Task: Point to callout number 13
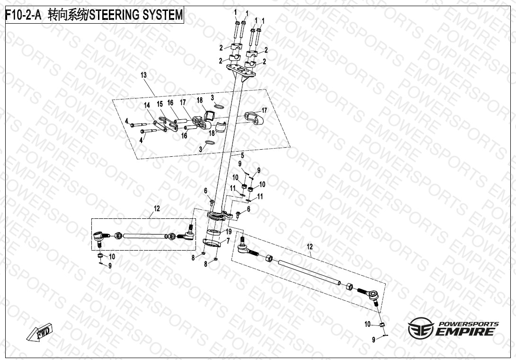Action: click(x=143, y=75)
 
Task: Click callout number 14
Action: click(x=147, y=105)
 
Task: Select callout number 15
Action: click(x=160, y=104)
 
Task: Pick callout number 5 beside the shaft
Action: click(x=242, y=155)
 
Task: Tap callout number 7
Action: click(x=228, y=241)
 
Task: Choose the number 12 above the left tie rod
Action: click(x=157, y=208)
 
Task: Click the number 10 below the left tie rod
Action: click(x=112, y=256)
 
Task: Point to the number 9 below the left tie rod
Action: click(x=110, y=266)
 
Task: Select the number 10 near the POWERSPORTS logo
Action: click(x=368, y=324)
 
